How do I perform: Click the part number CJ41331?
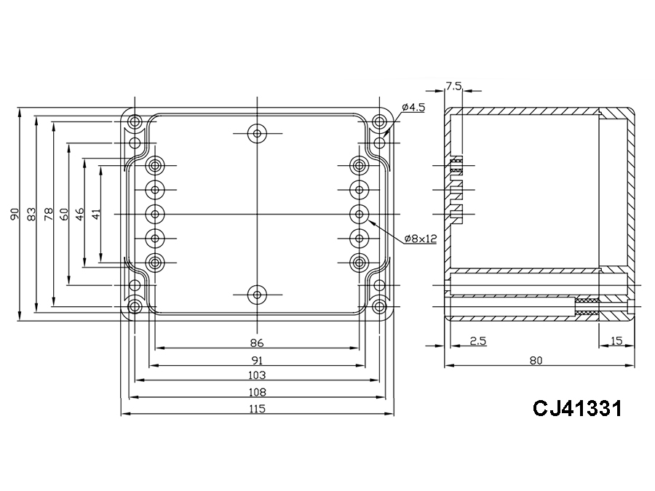[577, 408]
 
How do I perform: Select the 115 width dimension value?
[256, 409]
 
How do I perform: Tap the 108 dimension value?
[256, 392]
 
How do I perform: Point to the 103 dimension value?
[256, 375]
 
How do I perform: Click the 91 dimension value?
[256, 359]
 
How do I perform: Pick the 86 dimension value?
[256, 342]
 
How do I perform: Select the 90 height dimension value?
[14, 214]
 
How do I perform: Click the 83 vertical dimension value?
[31, 214]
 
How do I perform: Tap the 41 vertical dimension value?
[96, 214]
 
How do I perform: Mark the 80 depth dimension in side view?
[536, 359]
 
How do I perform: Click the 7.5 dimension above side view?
[453, 86]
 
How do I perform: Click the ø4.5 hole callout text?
[413, 107]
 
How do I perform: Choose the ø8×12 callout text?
[420, 239]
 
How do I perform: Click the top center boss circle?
[256, 133]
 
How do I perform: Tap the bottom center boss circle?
[256, 295]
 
